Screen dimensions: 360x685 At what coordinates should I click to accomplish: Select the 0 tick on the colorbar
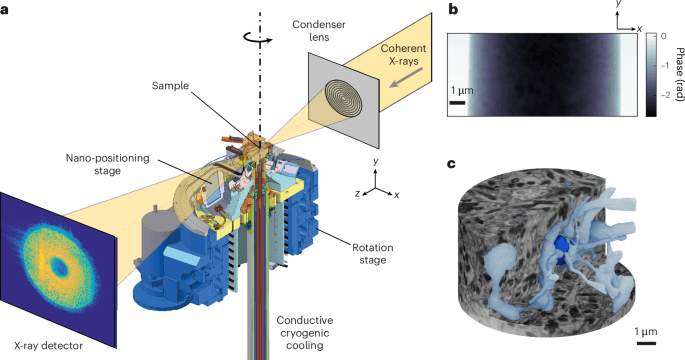tap(653, 35)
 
